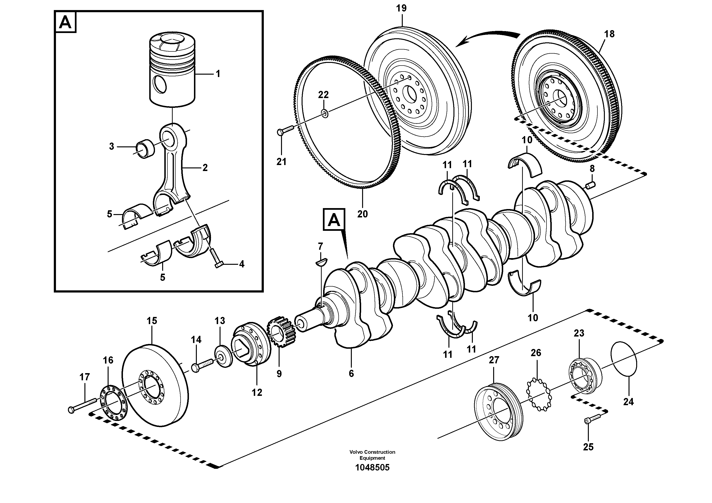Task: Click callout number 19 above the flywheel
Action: [401, 8]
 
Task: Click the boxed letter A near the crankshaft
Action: [334, 220]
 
